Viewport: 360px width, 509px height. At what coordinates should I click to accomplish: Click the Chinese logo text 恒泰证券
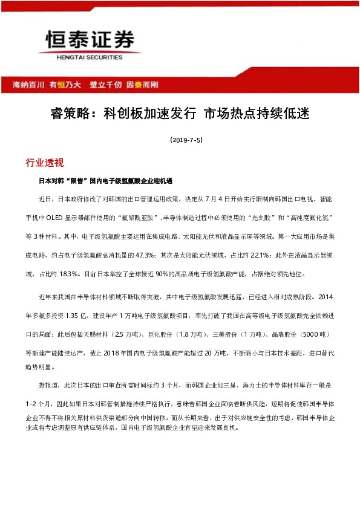tap(90, 41)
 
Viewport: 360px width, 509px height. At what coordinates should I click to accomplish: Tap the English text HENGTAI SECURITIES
tap(90, 57)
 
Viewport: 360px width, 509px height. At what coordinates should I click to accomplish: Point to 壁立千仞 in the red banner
tap(106, 85)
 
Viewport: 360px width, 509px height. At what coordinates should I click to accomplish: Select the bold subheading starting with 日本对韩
tap(106, 181)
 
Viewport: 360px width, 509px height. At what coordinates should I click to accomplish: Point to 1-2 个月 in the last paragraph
tap(41, 401)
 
